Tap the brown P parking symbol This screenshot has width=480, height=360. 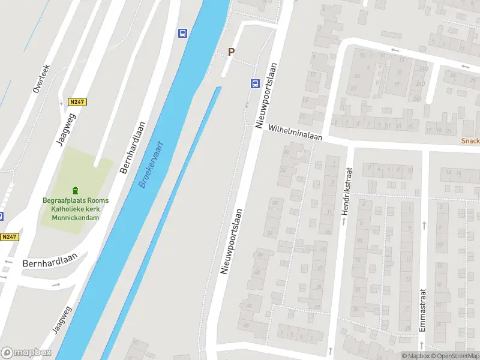(230, 52)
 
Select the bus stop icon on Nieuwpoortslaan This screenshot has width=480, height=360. (254, 84)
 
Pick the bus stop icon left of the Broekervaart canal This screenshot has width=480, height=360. (182, 33)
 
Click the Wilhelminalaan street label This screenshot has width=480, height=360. (295, 133)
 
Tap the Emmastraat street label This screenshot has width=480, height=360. (422, 310)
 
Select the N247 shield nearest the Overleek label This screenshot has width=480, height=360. (77, 102)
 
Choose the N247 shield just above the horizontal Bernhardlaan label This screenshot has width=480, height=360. (10, 237)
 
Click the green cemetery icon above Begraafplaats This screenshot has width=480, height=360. (76, 190)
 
